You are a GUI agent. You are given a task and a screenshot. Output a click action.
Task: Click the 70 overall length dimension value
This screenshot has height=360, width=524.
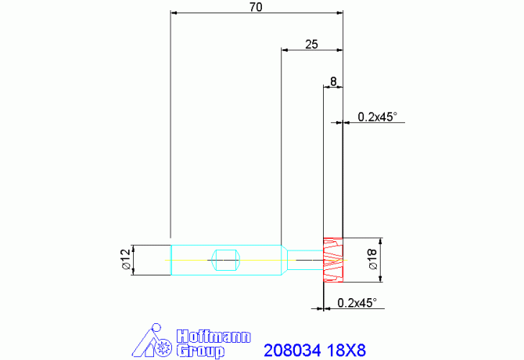point(256,7)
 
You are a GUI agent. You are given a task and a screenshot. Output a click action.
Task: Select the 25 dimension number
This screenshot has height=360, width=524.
point(311,44)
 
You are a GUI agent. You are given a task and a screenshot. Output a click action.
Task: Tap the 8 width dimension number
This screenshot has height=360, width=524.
point(333,81)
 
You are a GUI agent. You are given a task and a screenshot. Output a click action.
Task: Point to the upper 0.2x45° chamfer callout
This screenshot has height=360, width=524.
point(377,117)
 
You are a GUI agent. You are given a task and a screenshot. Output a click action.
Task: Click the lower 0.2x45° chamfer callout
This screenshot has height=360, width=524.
point(357,303)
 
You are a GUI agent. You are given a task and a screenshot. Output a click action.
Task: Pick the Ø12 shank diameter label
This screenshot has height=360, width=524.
point(126,259)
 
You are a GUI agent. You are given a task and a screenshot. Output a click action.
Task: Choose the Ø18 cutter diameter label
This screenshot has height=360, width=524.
point(372,259)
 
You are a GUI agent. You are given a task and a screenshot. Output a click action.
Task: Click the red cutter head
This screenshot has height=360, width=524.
point(333,260)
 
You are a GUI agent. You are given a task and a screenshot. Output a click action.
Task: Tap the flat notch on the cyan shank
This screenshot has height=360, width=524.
point(226,260)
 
